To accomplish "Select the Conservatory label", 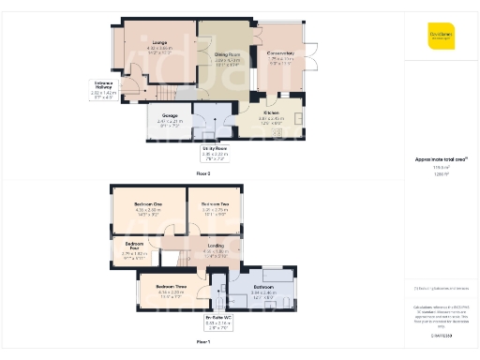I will pos(280,53).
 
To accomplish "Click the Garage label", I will pos(168,116).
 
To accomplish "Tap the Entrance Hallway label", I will pos(104,84).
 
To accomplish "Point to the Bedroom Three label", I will pos(170,286).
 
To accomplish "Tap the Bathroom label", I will pos(262,287).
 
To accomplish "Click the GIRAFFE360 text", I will pos(441,335).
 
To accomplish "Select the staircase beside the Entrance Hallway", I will pos(164,91).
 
